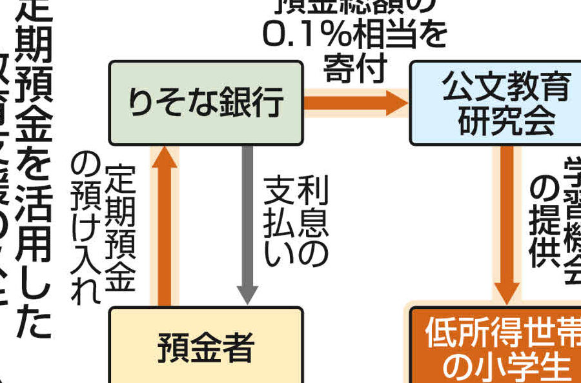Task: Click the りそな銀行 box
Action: (205, 103)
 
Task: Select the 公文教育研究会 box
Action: (494, 103)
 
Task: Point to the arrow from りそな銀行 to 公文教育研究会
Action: (356, 103)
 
